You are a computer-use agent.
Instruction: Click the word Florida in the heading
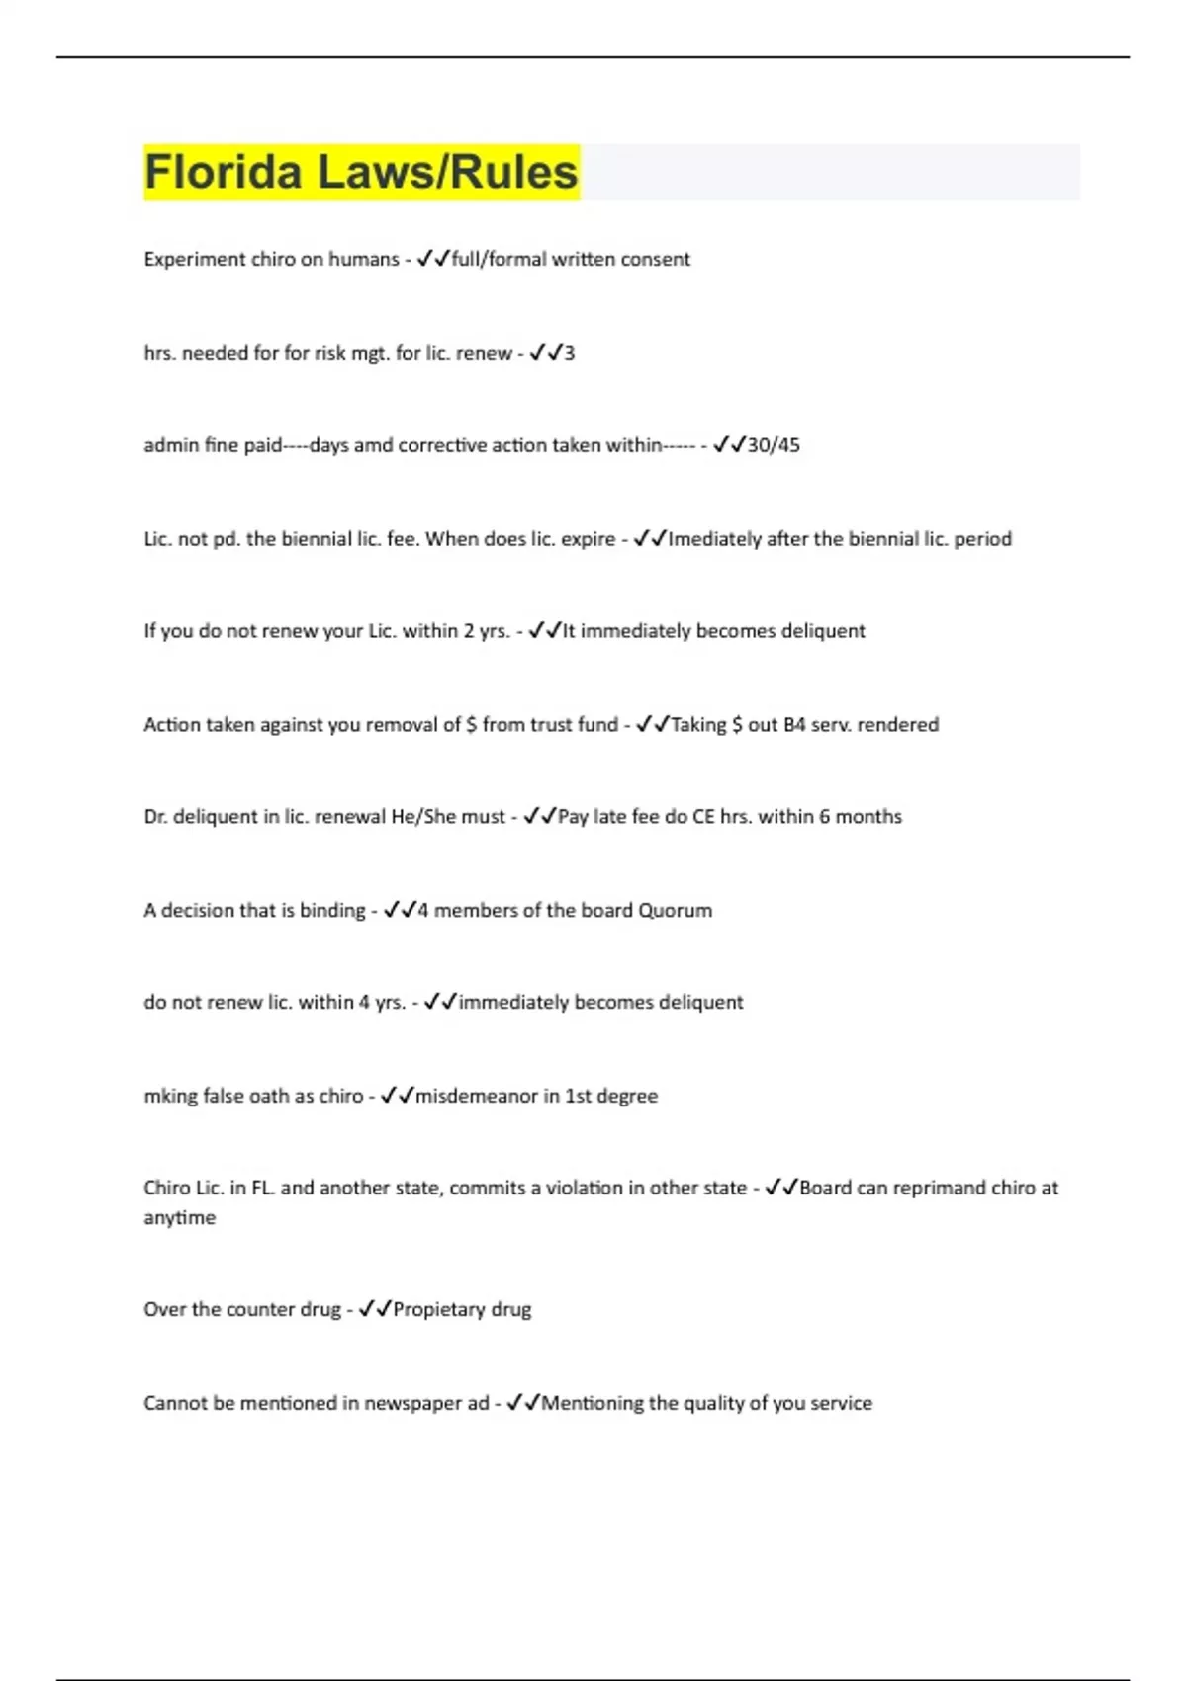223,172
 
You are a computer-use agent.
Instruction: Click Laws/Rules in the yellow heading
447,172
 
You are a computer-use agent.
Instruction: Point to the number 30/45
774,445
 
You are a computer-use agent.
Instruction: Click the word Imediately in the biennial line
714,539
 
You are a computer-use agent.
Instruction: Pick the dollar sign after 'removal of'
471,725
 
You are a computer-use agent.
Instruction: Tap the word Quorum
675,911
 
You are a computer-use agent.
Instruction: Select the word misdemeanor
476,1096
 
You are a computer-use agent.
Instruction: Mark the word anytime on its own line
179,1218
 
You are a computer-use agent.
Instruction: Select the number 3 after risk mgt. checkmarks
569,353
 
